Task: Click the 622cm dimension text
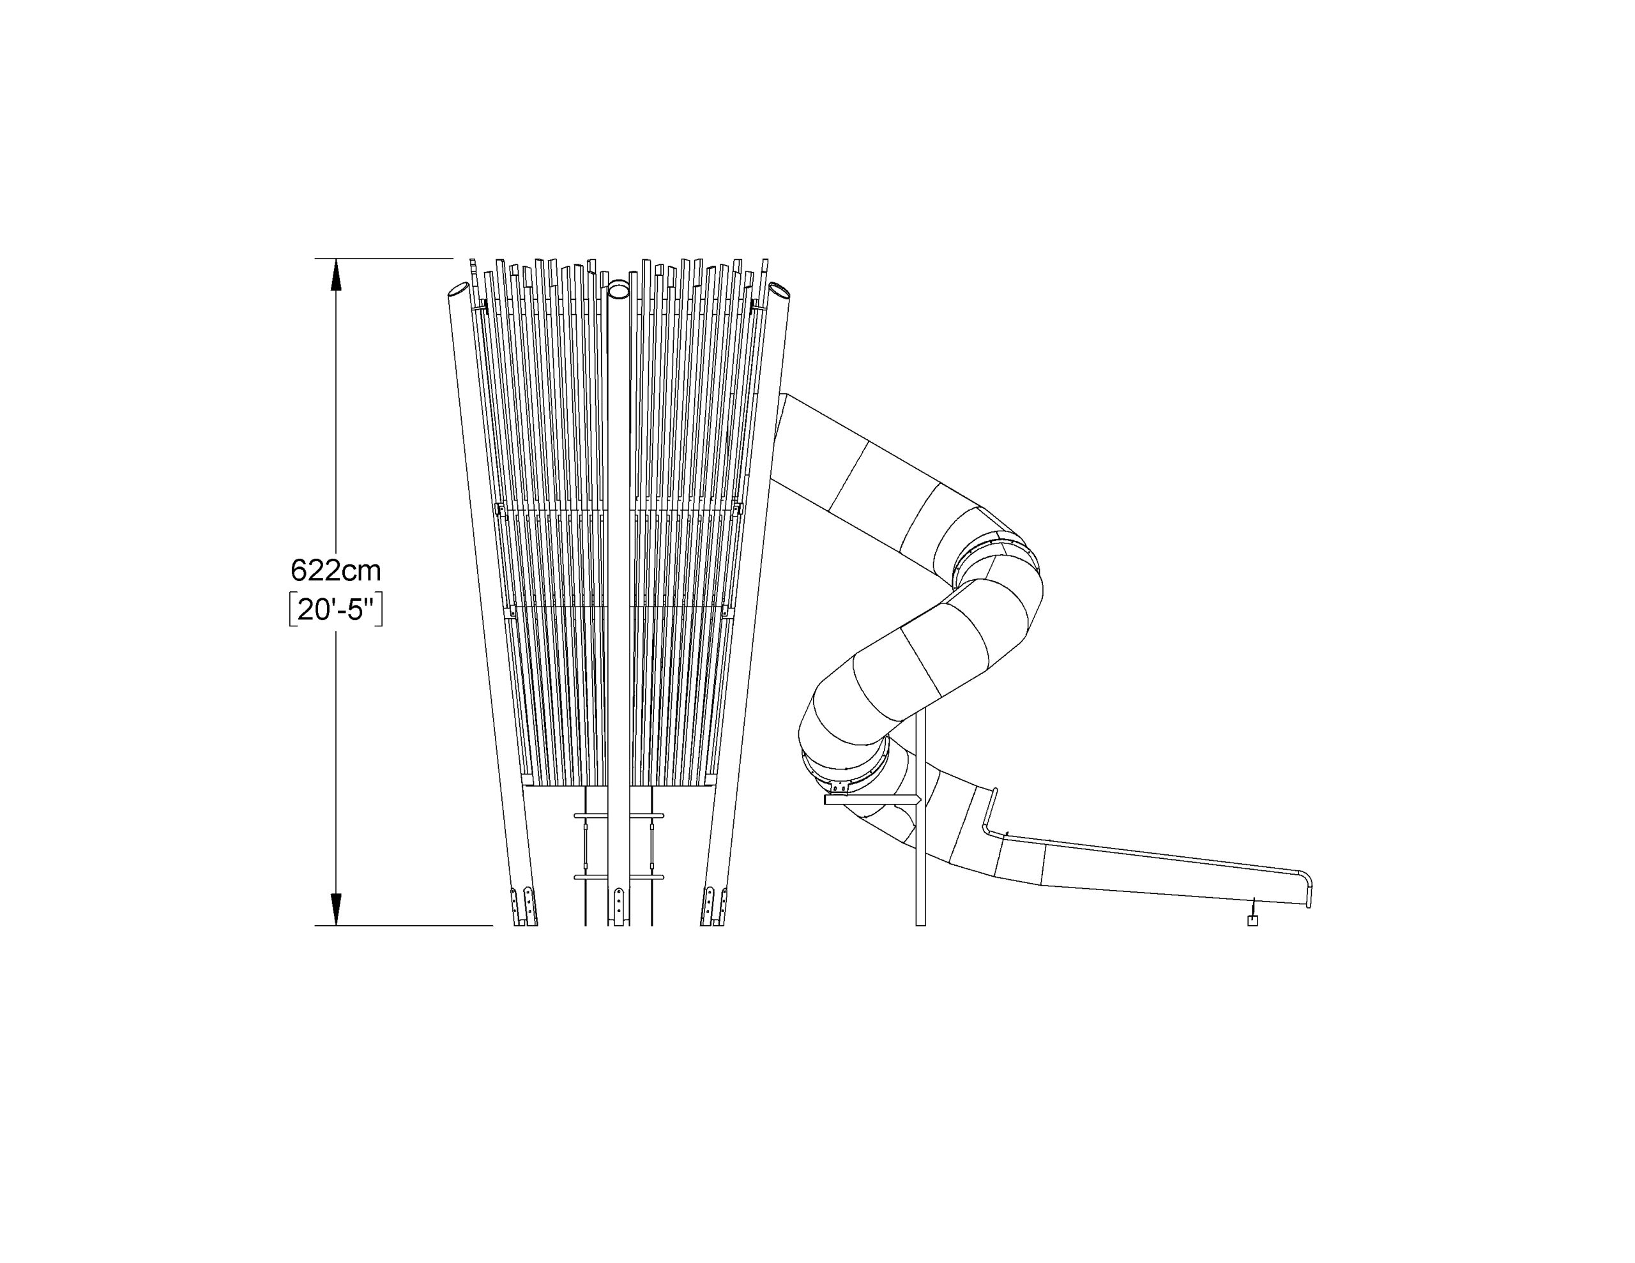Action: click(x=335, y=571)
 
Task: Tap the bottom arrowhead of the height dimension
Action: click(x=336, y=909)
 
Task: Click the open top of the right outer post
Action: click(x=779, y=290)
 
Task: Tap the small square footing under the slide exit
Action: click(x=1252, y=920)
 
